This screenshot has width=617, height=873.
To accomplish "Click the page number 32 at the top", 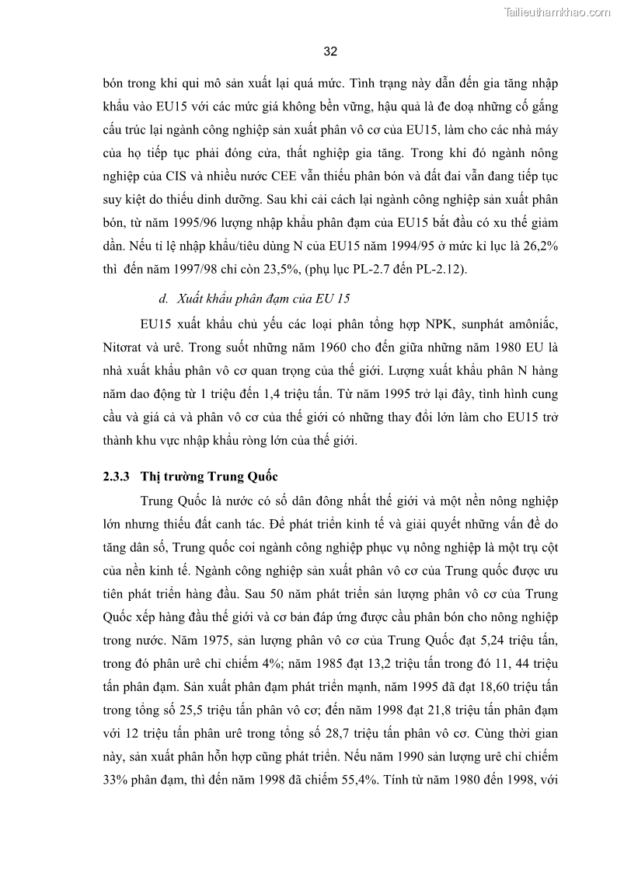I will [x=329, y=51].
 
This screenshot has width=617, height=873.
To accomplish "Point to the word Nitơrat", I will [x=125, y=346].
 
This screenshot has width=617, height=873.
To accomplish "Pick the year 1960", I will [x=322, y=346].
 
